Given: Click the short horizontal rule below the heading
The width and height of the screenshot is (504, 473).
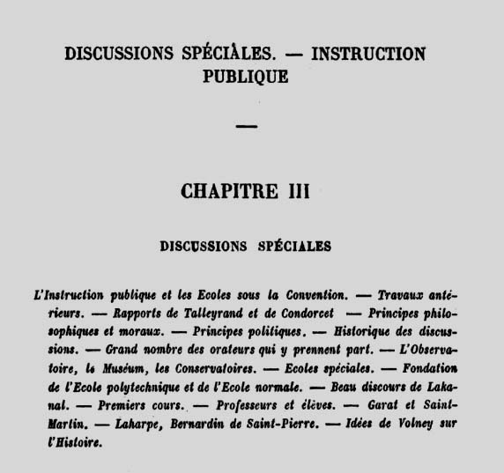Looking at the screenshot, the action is point(248,127).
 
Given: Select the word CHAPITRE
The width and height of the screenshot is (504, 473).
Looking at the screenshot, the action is point(224,192).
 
